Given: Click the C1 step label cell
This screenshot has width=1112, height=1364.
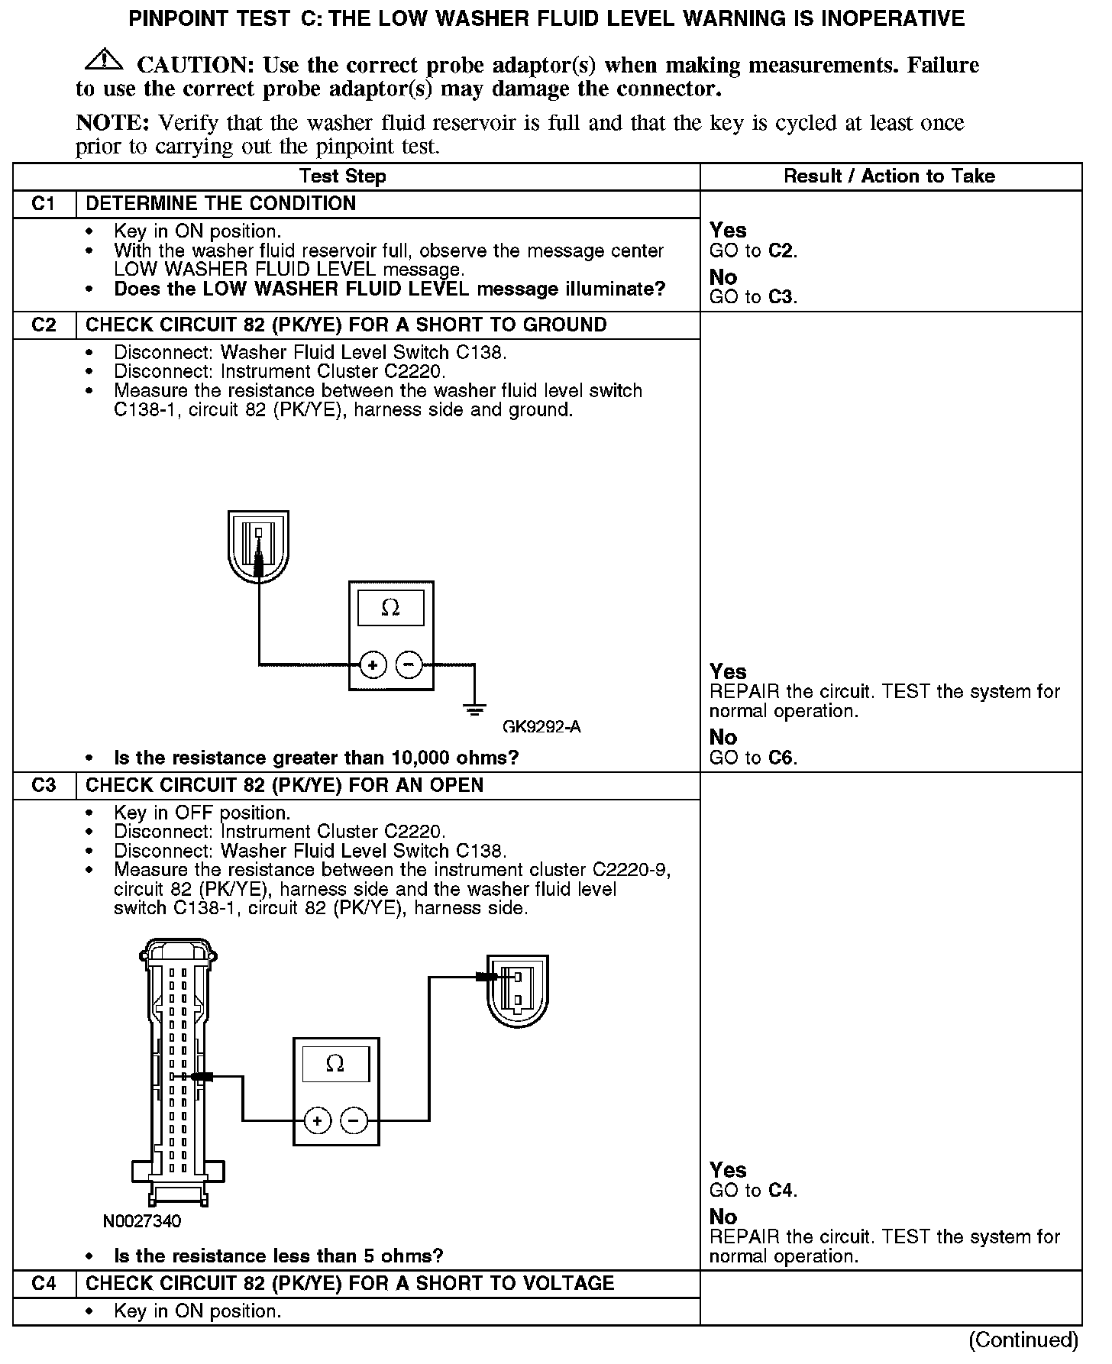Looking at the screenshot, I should (x=44, y=204).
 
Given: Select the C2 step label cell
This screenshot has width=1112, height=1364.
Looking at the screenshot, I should (x=44, y=325).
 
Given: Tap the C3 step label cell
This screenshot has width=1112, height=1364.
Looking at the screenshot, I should (x=44, y=786).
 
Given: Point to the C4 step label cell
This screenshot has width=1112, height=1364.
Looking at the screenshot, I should (x=44, y=1283).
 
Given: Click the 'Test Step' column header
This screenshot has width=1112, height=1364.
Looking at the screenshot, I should (x=343, y=176).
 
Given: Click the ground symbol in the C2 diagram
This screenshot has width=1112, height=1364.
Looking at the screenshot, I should (x=475, y=710).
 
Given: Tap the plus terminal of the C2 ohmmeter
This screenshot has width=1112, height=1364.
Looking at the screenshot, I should (x=373, y=665).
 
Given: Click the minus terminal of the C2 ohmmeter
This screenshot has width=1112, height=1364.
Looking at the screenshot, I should (x=409, y=665).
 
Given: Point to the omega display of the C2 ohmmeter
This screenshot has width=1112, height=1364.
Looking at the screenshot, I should (x=390, y=608).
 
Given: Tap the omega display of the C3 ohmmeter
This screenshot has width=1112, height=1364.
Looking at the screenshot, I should (x=335, y=1064).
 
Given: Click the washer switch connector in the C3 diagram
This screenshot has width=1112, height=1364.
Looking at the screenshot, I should (x=518, y=991).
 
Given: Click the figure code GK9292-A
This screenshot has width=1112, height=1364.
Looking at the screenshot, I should (x=541, y=727).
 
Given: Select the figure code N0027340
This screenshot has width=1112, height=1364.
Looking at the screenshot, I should (x=142, y=1221).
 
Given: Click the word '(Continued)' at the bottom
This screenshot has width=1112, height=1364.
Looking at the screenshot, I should (x=1023, y=1340).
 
